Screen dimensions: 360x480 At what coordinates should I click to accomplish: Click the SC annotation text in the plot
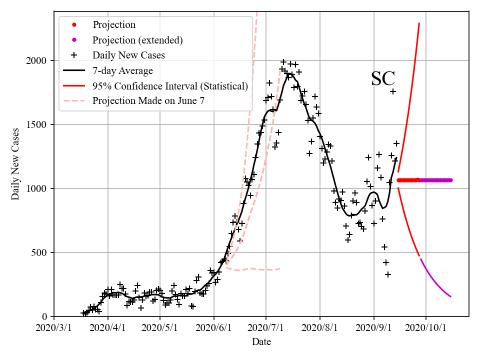tap(383, 79)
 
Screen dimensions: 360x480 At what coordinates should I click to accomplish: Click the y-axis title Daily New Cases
tap(15, 163)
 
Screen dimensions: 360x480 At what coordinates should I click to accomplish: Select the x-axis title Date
tap(261, 342)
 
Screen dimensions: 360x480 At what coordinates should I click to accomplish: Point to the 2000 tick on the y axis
tap(36, 60)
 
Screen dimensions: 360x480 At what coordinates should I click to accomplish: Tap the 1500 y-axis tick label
tap(36, 124)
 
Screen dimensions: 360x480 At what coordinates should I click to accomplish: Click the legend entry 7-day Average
tap(122, 70)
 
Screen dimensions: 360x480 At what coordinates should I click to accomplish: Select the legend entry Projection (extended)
tap(137, 39)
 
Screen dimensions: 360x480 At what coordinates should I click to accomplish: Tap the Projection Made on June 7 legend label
tap(148, 101)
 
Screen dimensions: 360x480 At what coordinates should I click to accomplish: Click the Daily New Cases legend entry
tap(128, 55)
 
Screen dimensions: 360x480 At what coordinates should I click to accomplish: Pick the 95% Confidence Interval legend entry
tap(170, 86)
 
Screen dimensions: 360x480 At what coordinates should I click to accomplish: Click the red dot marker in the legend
tap(74, 24)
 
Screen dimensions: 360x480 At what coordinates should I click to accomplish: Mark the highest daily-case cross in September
tap(393, 91)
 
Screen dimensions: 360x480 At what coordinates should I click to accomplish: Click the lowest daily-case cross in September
tap(387, 274)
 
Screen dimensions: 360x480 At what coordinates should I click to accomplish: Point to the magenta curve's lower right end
tap(450, 297)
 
